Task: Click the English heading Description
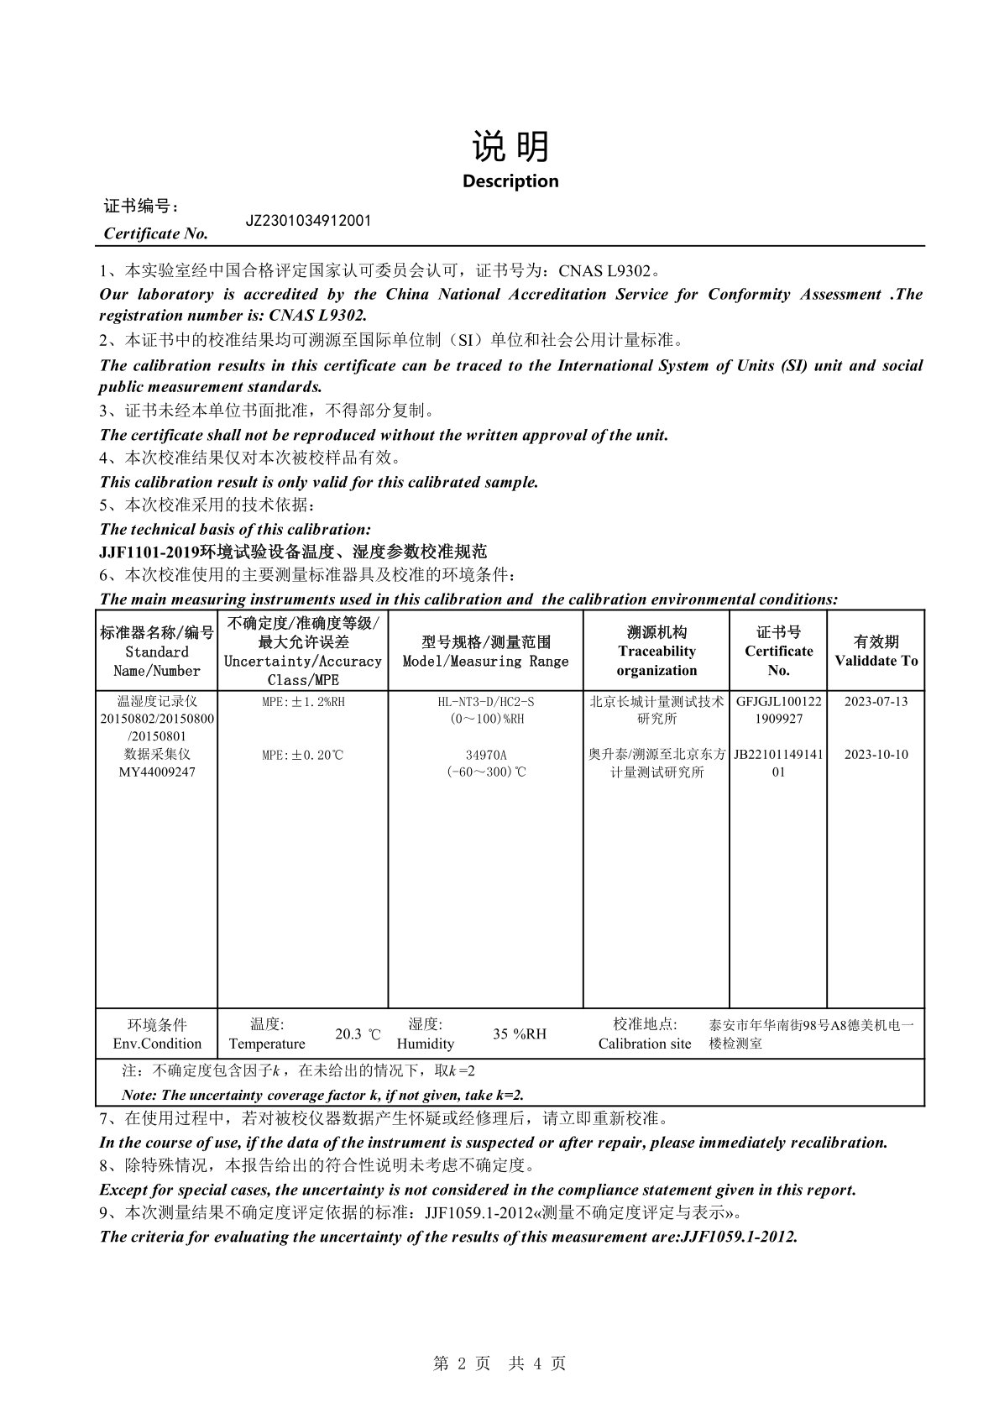510,181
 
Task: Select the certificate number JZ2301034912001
307,221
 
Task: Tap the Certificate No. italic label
155,233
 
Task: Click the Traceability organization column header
656,652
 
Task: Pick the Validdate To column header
876,652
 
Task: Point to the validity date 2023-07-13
876,701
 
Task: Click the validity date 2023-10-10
876,754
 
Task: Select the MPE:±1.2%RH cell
303,701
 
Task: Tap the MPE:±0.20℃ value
303,755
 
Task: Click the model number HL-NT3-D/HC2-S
485,701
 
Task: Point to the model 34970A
485,755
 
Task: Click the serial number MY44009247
157,772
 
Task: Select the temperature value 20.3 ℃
358,1034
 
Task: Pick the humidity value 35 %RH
519,1034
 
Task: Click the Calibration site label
645,1044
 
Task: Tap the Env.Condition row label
157,1044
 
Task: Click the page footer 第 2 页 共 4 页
499,1364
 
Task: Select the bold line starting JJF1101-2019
293,552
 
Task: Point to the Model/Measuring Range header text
485,661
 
